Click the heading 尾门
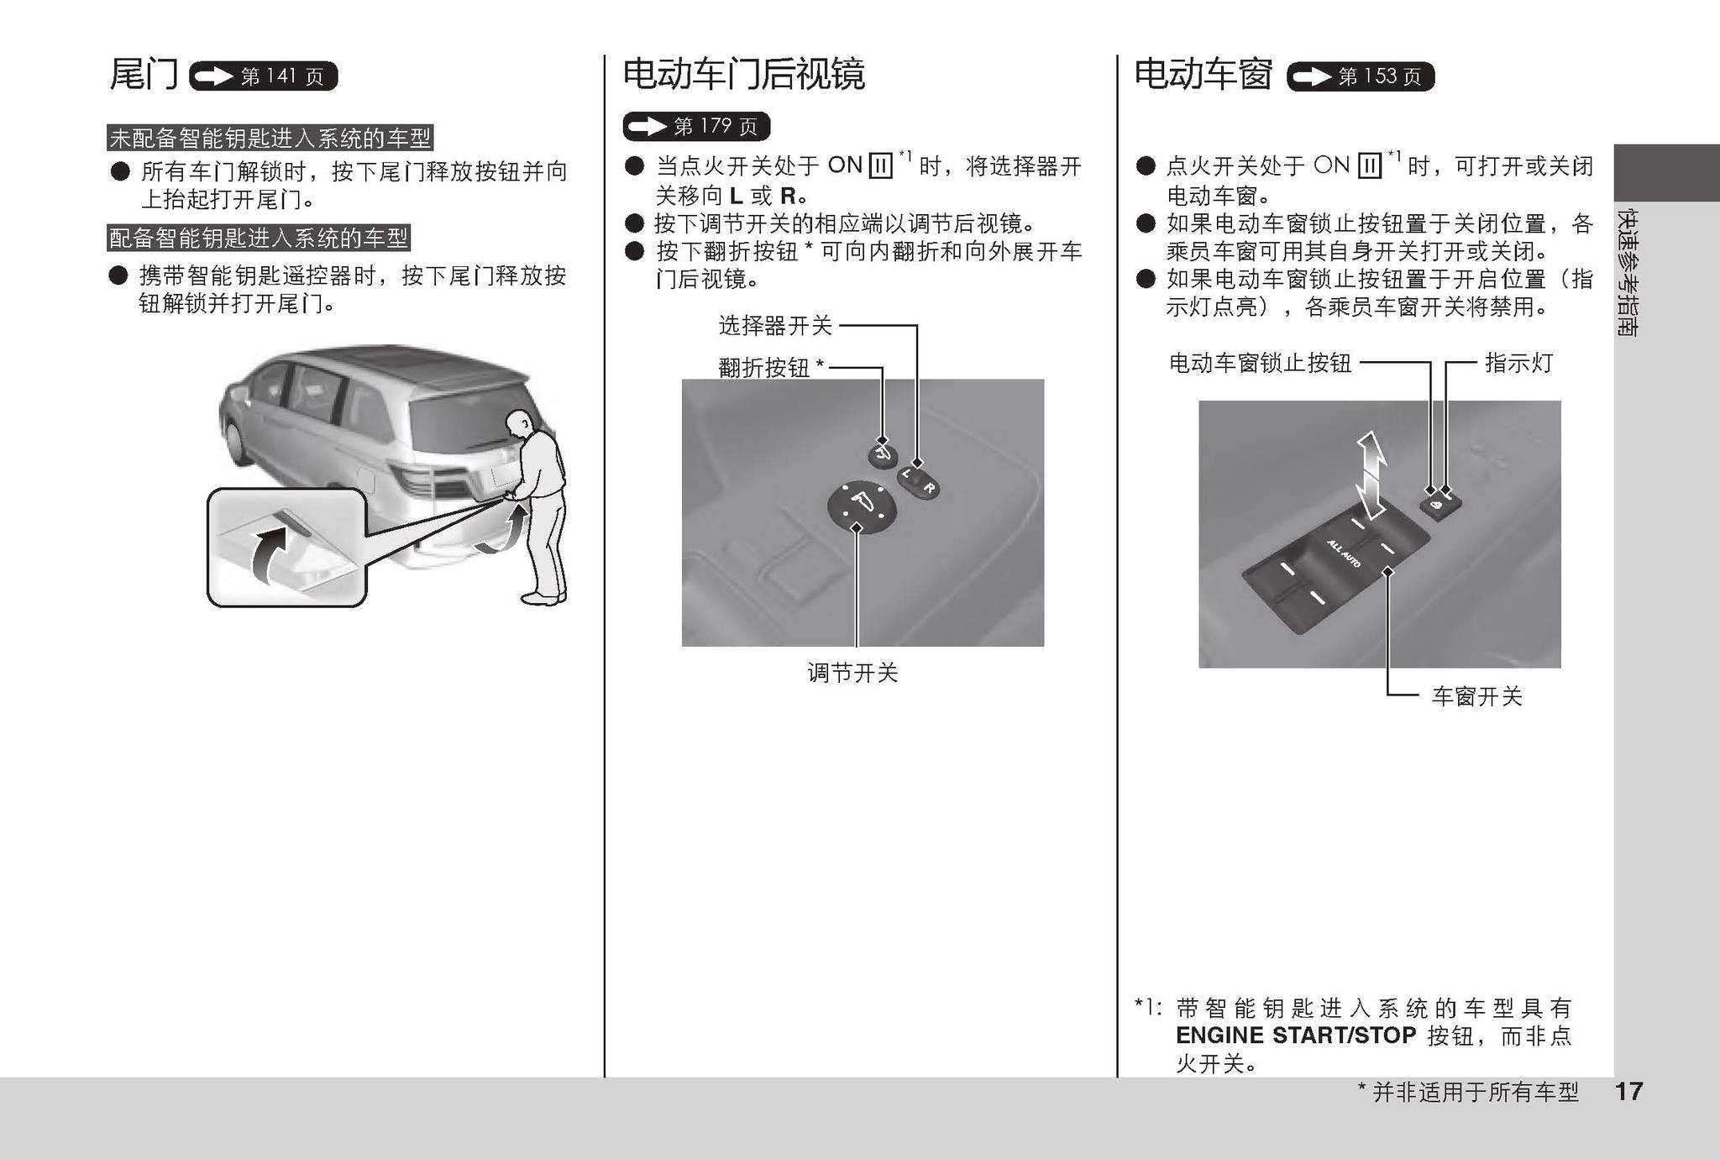tap(144, 75)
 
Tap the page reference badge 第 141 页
tap(264, 76)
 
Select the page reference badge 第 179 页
tap(696, 126)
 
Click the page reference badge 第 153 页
tap(1361, 76)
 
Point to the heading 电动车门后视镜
tap(743, 75)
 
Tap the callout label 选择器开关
tap(775, 325)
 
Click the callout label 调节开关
tap(852, 673)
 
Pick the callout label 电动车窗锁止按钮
tap(1260, 363)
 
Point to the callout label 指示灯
tap(1518, 363)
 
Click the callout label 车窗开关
tap(1476, 696)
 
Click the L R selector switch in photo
tap(918, 481)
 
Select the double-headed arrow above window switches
tap(1371, 475)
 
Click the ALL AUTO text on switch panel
tap(1344, 554)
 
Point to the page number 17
tap(1628, 1091)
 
